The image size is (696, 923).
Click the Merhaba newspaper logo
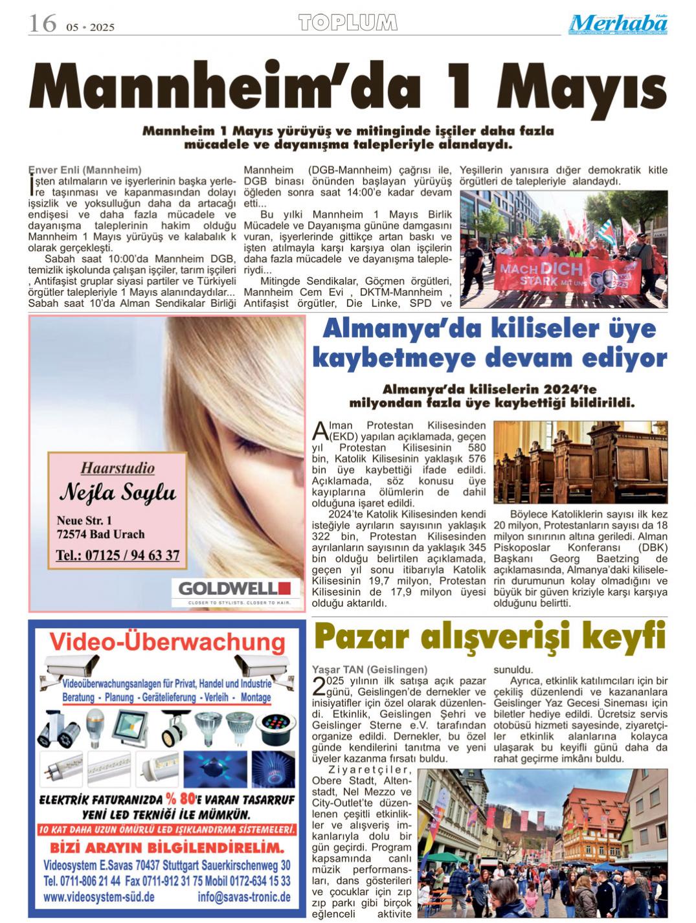[x=618, y=24]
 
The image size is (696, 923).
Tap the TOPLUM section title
[x=348, y=23]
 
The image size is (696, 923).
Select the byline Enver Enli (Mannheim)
[x=85, y=170]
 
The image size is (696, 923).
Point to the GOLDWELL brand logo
[x=235, y=588]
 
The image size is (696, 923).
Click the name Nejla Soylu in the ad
[x=117, y=493]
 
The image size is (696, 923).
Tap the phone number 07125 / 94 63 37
[x=118, y=555]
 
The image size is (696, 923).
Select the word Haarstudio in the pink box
[x=118, y=467]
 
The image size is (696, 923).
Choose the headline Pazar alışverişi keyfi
[x=489, y=636]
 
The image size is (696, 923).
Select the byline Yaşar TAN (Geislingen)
[x=370, y=669]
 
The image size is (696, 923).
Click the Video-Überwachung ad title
[x=167, y=641]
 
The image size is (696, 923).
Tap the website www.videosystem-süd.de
[x=98, y=897]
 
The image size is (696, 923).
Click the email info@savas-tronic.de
[x=243, y=897]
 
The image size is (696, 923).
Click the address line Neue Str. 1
[x=84, y=520]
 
